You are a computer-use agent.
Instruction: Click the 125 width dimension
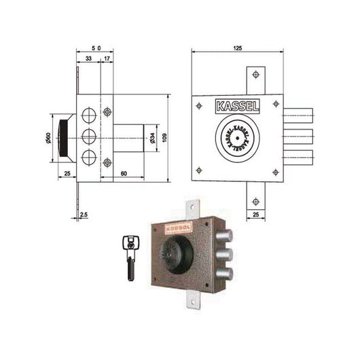237,49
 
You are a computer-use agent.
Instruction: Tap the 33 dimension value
88,60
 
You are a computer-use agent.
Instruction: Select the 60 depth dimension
124,174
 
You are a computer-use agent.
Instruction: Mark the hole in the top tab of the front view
255,75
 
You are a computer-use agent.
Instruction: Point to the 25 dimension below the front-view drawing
255,215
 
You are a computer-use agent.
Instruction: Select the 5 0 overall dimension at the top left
96,49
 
